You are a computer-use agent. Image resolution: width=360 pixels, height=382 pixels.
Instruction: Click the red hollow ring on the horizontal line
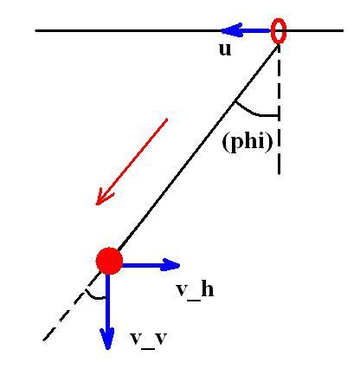coord(272,31)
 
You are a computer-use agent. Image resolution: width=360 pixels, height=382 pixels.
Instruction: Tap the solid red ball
coord(109,261)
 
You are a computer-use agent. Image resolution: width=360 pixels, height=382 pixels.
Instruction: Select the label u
coord(225,49)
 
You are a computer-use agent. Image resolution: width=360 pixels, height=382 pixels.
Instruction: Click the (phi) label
coord(247,142)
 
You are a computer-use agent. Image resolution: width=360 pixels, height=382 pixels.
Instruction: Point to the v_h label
coord(195,290)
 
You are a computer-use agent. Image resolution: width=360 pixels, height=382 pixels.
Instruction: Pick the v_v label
coord(149,339)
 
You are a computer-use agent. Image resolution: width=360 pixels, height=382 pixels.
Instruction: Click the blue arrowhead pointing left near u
coord(231,30)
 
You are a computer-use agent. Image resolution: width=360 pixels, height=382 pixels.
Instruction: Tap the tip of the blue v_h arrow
coord(180,264)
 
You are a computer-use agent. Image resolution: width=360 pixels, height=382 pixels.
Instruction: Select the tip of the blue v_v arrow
coord(107,350)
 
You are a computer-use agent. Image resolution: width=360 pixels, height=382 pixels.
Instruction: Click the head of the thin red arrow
coord(96,204)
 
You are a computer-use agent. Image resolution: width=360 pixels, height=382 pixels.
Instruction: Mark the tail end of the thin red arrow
coord(167,119)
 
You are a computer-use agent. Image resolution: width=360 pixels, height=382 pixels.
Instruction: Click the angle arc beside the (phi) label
coord(254,113)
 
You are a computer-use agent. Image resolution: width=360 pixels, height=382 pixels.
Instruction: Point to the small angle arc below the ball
coord(94,297)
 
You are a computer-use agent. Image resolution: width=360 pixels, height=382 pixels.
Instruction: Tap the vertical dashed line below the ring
coord(279,110)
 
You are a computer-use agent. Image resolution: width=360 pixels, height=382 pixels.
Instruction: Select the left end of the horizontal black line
coord(35,30)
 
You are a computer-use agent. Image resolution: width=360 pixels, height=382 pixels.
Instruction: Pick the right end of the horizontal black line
coord(344,30)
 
